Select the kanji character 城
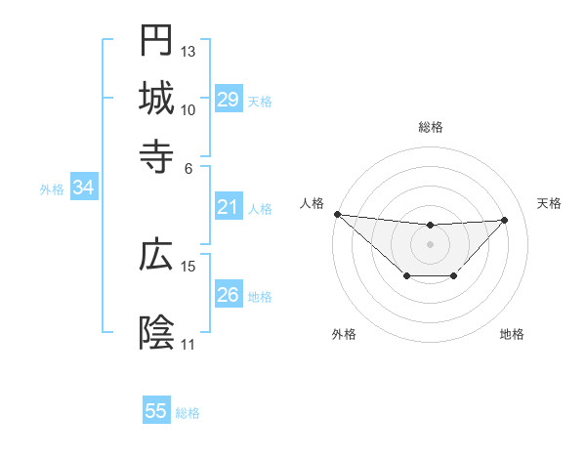click(x=156, y=98)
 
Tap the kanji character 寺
click(x=156, y=154)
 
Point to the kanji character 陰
click(x=156, y=332)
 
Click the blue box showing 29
click(x=228, y=100)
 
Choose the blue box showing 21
click(x=228, y=207)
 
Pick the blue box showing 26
click(x=228, y=295)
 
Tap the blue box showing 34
click(x=83, y=188)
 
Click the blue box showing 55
click(x=156, y=411)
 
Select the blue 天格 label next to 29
click(x=260, y=101)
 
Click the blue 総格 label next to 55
click(x=188, y=412)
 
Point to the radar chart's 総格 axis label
click(x=431, y=127)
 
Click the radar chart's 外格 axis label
click(x=344, y=334)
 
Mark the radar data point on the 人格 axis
click(x=337, y=214)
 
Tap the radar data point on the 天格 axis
click(x=504, y=220)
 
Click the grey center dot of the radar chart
click(x=431, y=243)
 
